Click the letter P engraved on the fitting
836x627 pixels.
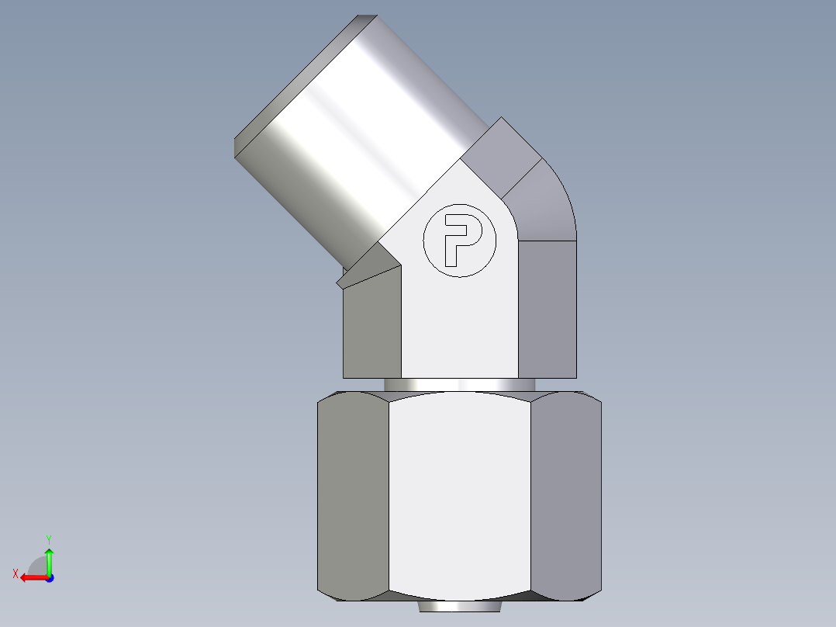[x=458, y=238]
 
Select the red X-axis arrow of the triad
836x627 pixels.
[x=32, y=577]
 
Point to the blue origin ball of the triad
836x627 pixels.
[x=49, y=578]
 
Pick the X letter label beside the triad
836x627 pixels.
[x=15, y=573]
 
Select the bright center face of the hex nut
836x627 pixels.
[x=459, y=497]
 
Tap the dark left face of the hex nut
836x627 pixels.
[x=353, y=497]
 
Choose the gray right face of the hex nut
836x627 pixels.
[x=566, y=497]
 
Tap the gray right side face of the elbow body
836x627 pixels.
[x=547, y=310]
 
